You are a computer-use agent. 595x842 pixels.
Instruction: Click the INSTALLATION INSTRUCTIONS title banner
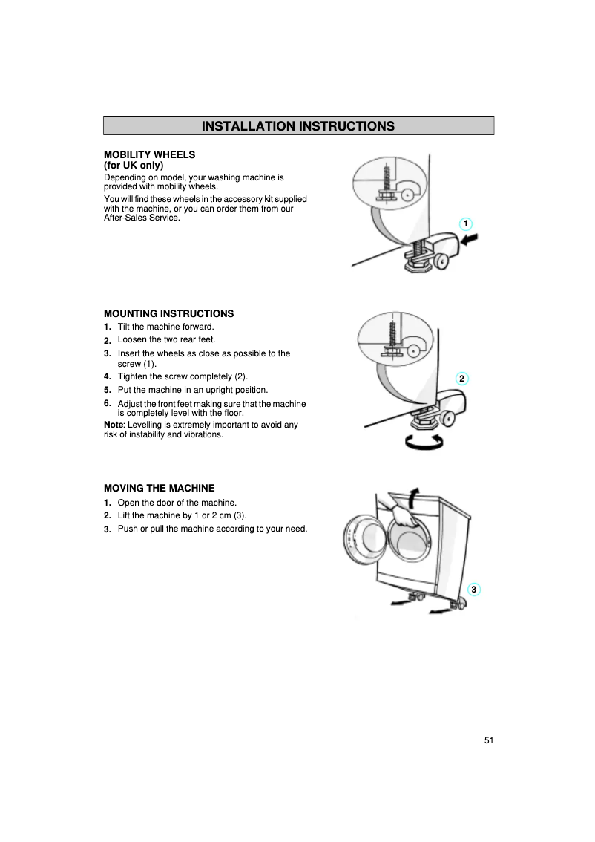298,125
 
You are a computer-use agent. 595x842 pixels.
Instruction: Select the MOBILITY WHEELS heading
149,154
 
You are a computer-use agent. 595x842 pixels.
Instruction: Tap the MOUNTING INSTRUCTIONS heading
168,313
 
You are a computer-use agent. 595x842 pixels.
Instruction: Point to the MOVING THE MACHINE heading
159,488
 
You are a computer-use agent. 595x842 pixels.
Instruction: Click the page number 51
488,740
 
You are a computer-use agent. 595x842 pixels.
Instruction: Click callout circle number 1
464,223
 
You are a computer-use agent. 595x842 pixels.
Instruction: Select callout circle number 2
461,379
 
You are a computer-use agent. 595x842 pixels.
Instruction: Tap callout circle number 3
474,590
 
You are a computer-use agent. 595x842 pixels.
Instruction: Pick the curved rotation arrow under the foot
423,442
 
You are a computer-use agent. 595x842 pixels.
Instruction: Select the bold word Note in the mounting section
114,425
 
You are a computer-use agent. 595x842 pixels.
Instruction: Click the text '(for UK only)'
133,166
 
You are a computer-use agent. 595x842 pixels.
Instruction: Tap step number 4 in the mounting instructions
108,376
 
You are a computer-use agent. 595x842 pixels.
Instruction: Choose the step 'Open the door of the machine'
177,503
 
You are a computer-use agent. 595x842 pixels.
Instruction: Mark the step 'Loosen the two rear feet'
166,339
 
